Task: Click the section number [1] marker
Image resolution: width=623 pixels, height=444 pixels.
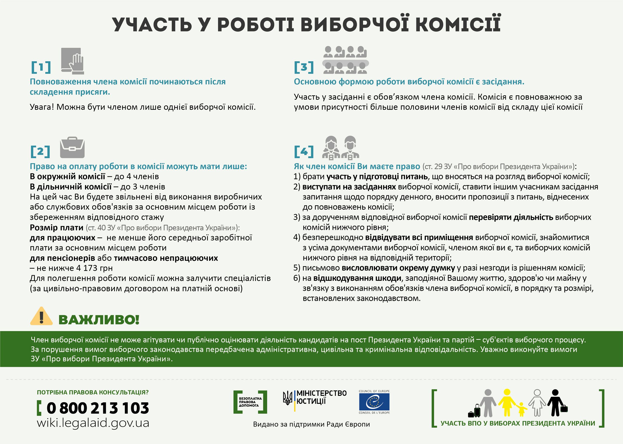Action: [41, 67]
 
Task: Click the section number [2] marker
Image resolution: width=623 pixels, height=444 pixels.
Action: [40, 152]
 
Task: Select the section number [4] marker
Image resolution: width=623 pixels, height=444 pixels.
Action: [304, 152]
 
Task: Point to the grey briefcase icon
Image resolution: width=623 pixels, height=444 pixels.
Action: [72, 148]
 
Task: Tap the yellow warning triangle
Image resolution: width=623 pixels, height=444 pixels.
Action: [41, 317]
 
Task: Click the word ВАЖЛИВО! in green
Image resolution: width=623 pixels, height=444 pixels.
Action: [99, 320]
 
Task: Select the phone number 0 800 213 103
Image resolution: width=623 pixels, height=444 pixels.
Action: [98, 408]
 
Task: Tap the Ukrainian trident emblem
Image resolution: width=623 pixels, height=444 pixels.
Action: [287, 398]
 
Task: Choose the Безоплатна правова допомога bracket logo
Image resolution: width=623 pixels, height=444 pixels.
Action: [250, 402]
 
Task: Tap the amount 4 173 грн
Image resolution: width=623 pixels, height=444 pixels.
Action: [94, 268]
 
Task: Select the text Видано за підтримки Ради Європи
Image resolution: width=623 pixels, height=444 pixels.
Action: [311, 424]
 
